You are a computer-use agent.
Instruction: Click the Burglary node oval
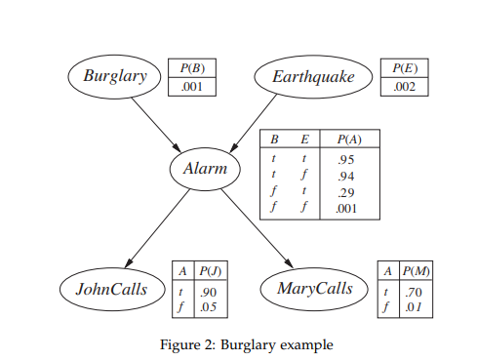coord(114,76)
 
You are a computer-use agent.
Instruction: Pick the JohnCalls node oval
coord(111,289)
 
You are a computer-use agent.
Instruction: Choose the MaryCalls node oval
coord(315,289)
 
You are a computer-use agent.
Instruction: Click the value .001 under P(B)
coord(191,86)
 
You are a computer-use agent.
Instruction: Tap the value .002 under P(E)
coord(404,87)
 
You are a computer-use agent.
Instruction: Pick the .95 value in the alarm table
coord(343,158)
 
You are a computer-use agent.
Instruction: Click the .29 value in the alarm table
coord(343,192)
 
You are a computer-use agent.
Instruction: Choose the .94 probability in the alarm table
coord(343,176)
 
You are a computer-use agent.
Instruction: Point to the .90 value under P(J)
coord(207,292)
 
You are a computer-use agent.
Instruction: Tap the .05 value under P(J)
coord(207,307)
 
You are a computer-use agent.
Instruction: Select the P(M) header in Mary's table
coord(417,271)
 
